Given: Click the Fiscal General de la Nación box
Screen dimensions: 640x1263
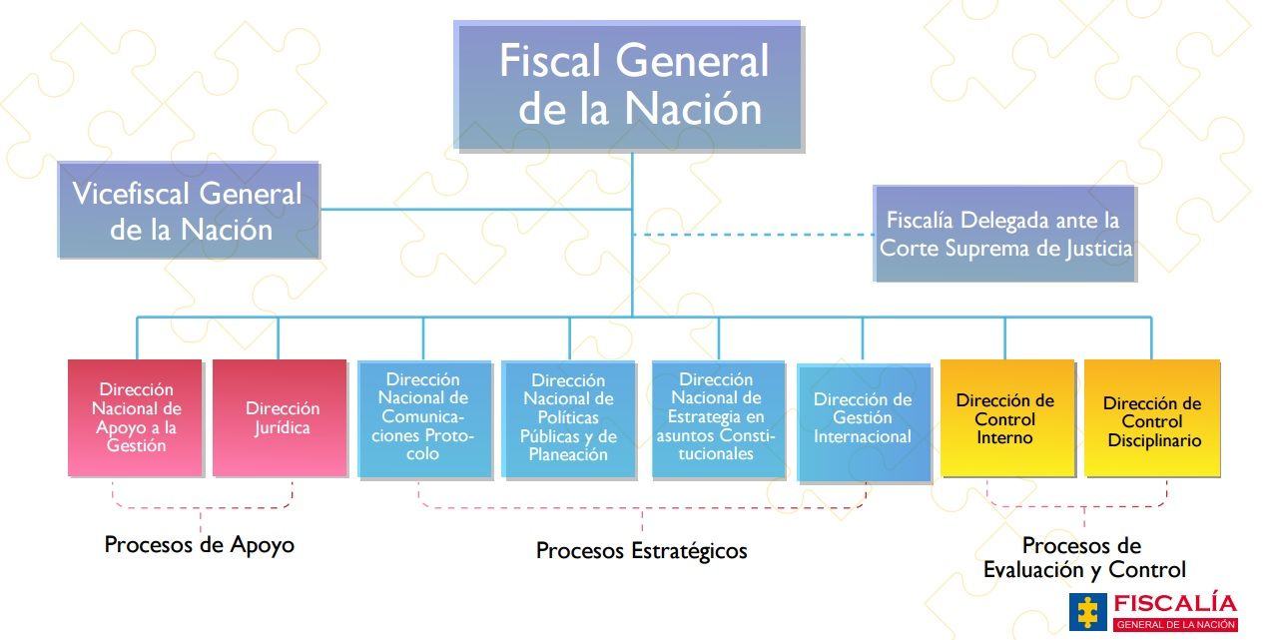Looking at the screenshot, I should tap(630, 87).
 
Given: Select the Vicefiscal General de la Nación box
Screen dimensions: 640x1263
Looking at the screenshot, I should tap(189, 211).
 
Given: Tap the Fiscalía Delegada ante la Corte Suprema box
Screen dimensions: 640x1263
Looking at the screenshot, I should tap(1004, 234).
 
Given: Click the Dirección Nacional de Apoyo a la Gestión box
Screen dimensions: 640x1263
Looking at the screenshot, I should tap(136, 417).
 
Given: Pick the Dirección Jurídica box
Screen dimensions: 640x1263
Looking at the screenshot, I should tap(282, 417).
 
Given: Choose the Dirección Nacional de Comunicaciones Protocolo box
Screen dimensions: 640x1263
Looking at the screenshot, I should tap(425, 417).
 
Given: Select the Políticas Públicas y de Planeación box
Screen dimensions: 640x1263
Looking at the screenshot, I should tap(568, 418).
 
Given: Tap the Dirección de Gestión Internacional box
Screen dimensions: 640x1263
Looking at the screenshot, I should tap(863, 422).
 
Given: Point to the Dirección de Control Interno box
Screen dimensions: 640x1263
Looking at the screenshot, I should tap(1006, 417).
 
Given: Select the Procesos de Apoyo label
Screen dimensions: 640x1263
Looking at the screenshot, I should tap(200, 545).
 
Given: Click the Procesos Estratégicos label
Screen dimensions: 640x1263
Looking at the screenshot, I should tap(641, 551).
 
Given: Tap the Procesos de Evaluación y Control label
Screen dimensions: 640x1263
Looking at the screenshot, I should tap(1084, 558).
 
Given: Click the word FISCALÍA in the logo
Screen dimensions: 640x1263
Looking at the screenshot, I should tap(1174, 603).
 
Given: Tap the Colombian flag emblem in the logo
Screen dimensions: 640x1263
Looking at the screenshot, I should tap(1088, 611).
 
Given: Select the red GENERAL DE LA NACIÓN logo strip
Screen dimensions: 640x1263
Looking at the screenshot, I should tap(1175, 625).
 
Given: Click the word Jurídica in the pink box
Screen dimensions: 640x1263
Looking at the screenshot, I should tap(282, 427).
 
